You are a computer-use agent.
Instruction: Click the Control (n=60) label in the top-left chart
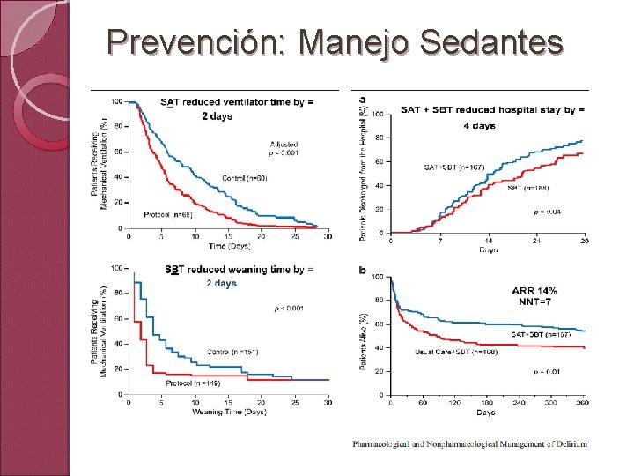(x=245, y=178)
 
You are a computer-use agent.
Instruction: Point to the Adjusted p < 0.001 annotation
(x=284, y=148)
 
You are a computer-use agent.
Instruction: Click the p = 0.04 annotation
(x=546, y=212)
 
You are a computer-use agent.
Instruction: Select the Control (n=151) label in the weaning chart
(x=232, y=352)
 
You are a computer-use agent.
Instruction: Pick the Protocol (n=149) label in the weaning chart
(x=193, y=383)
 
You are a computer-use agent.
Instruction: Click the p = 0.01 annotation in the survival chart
(x=547, y=373)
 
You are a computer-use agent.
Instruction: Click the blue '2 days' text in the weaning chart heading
(x=221, y=284)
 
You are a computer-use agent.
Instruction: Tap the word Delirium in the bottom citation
(x=568, y=444)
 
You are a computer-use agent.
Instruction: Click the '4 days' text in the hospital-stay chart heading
(x=479, y=126)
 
